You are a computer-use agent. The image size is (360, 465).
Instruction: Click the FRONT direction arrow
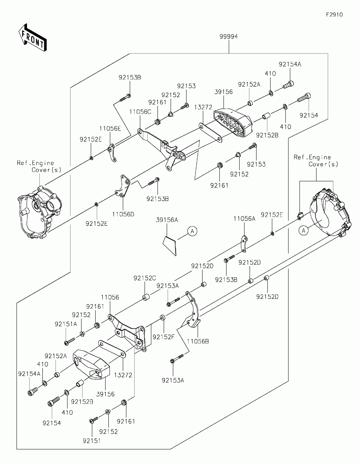(x=33, y=37)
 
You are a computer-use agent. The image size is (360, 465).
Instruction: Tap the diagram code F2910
(x=334, y=15)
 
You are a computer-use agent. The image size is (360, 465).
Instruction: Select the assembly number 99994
(x=229, y=37)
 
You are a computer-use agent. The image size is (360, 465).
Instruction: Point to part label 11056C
(x=140, y=112)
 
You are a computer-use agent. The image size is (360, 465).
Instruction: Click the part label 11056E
(x=110, y=128)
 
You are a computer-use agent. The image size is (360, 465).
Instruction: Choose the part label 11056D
(x=123, y=214)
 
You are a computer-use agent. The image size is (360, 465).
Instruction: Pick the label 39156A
(x=167, y=220)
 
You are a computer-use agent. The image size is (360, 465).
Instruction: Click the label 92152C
(x=145, y=278)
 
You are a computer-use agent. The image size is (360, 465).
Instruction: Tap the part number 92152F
(x=163, y=337)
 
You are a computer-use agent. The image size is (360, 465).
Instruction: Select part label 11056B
(x=198, y=341)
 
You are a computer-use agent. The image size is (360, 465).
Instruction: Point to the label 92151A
(x=66, y=324)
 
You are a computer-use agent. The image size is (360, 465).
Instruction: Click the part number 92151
(x=92, y=441)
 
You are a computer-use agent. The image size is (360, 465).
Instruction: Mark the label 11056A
(x=244, y=219)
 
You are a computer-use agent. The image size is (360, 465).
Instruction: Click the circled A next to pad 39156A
(x=192, y=231)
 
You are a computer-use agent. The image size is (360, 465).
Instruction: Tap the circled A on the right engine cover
(x=303, y=231)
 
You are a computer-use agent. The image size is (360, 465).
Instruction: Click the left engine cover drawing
(x=40, y=212)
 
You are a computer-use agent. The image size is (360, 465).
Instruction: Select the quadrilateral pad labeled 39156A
(x=169, y=246)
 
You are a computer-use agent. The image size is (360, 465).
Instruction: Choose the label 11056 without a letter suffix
(x=110, y=297)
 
